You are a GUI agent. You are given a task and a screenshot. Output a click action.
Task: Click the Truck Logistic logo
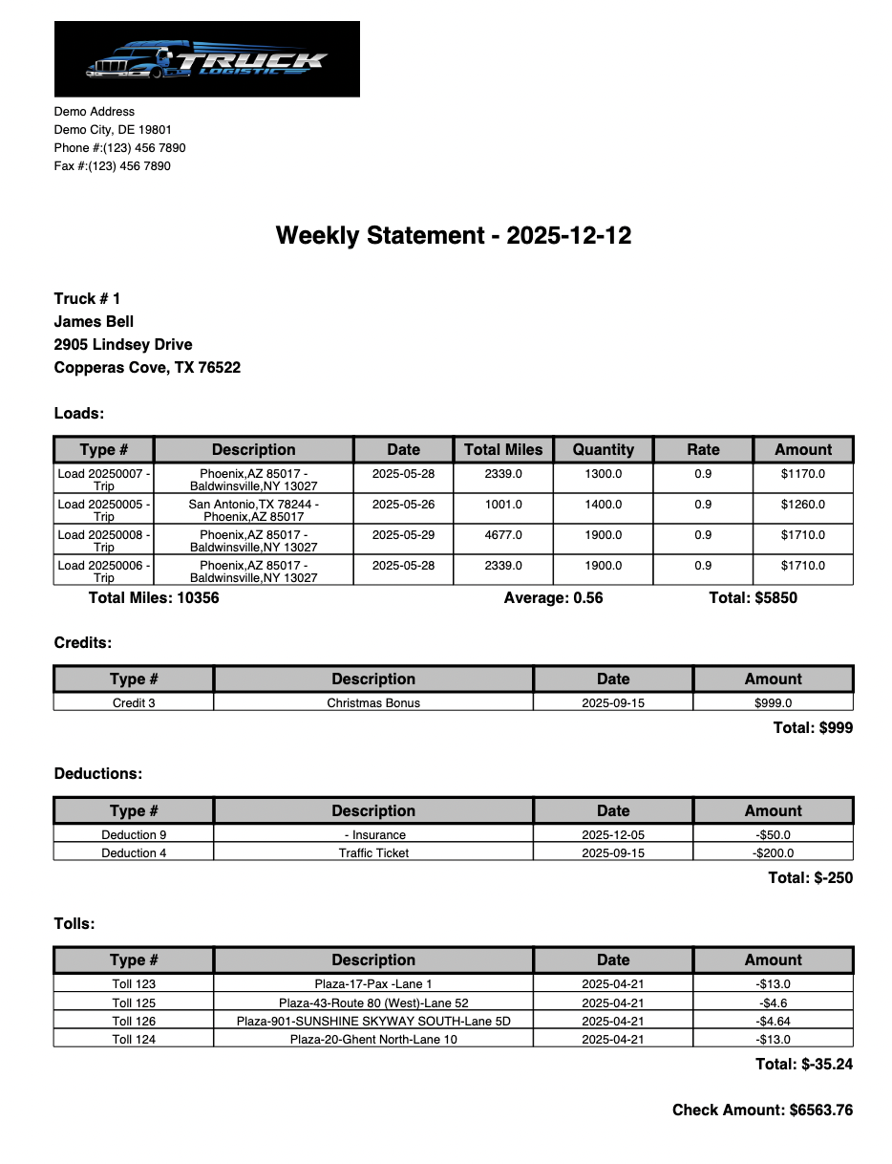[206, 59]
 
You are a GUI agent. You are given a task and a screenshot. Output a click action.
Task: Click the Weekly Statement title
[454, 235]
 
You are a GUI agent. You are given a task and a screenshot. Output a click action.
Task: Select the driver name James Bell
[94, 321]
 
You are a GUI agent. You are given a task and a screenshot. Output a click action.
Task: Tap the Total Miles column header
[503, 449]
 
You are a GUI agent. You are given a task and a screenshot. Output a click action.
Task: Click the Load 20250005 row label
[103, 509]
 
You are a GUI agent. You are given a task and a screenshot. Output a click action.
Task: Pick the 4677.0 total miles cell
[503, 535]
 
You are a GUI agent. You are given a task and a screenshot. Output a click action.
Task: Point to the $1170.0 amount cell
[802, 474]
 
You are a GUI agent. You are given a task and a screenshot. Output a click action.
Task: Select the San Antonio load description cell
[253, 509]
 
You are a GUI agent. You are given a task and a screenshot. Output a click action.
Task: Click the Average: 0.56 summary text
[553, 598]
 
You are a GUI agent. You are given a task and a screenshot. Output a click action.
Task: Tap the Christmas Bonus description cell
[373, 702]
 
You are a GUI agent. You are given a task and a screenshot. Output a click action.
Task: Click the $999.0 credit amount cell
[773, 702]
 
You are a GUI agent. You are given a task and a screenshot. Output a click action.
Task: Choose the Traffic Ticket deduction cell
[373, 852]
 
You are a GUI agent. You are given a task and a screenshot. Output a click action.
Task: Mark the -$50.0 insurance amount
[773, 834]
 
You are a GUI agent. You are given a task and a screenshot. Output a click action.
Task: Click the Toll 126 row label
[134, 1021]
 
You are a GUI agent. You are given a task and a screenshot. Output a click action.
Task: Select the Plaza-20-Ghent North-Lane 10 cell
[373, 1039]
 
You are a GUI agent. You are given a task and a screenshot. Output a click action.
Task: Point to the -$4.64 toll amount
[773, 1021]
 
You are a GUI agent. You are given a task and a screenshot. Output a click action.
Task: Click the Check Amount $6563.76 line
[762, 1110]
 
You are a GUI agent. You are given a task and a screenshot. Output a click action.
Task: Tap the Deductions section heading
[98, 773]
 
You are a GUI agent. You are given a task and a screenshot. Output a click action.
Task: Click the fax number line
[113, 166]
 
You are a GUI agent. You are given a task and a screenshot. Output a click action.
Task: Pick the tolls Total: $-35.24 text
[803, 1064]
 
